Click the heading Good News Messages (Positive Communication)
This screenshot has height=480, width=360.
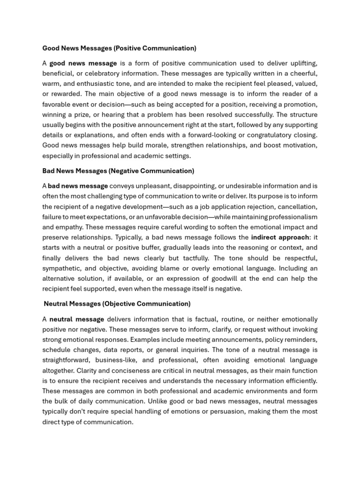point(119,48)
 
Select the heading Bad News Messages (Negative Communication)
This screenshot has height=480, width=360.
point(118,171)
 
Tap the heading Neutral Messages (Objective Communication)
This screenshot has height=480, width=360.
point(117,304)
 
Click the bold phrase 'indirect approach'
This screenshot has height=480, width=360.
point(280,237)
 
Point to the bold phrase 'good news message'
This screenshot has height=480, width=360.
point(83,63)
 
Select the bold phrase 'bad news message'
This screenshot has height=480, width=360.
point(78,186)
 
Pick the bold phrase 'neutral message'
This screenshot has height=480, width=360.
point(77,319)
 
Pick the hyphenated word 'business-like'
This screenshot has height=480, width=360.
point(116,360)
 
